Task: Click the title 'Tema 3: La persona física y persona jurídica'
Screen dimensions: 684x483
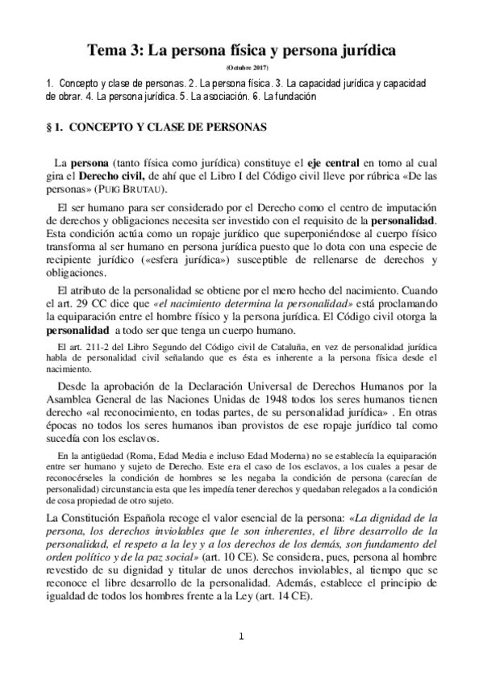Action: (x=242, y=51)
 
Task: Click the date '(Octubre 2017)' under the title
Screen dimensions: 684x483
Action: (x=241, y=68)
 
